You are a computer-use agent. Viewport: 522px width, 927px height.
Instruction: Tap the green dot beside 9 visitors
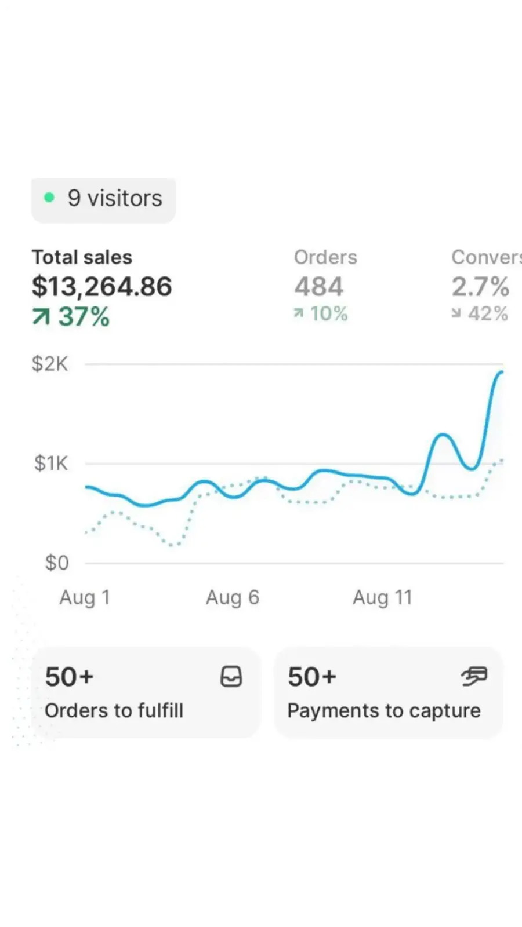pos(49,198)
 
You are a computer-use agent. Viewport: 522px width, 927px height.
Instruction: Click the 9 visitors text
pos(115,198)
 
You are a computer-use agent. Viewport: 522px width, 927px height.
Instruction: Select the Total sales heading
pos(82,257)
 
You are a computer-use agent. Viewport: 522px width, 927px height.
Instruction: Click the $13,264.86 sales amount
pos(102,286)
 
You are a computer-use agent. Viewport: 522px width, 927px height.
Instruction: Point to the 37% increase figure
pos(84,316)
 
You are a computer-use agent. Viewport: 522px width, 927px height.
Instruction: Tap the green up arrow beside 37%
pos(41,317)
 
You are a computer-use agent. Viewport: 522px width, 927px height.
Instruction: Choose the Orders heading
pos(325,257)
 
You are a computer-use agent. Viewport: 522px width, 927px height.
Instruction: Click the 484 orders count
pos(319,286)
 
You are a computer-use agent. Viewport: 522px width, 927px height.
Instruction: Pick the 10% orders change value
pos(329,313)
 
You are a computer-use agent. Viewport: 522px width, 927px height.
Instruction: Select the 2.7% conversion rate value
pos(481,286)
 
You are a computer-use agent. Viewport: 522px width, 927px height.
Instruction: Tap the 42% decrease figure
pos(488,313)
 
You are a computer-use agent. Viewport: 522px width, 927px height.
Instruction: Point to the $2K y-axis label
pos(50,364)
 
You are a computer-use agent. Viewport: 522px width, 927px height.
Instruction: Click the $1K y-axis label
pos(51,463)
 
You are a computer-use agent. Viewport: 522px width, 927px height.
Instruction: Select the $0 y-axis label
pos(57,563)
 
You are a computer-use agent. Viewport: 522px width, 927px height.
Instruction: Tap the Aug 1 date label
pos(85,597)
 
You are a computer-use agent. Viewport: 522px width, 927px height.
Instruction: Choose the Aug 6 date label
pos(233,597)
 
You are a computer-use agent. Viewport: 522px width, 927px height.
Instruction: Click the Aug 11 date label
pos(382,597)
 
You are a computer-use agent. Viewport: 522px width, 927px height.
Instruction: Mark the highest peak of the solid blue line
pos(501,373)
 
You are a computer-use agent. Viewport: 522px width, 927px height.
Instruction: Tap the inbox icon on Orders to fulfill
pos(231,676)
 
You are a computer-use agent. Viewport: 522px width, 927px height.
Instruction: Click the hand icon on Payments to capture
pos(474,676)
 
